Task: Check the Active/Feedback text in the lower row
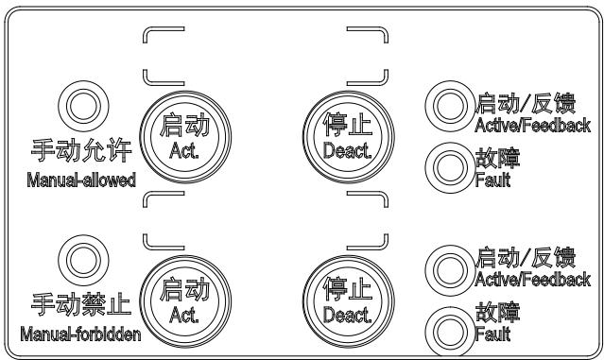pos(530,280)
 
